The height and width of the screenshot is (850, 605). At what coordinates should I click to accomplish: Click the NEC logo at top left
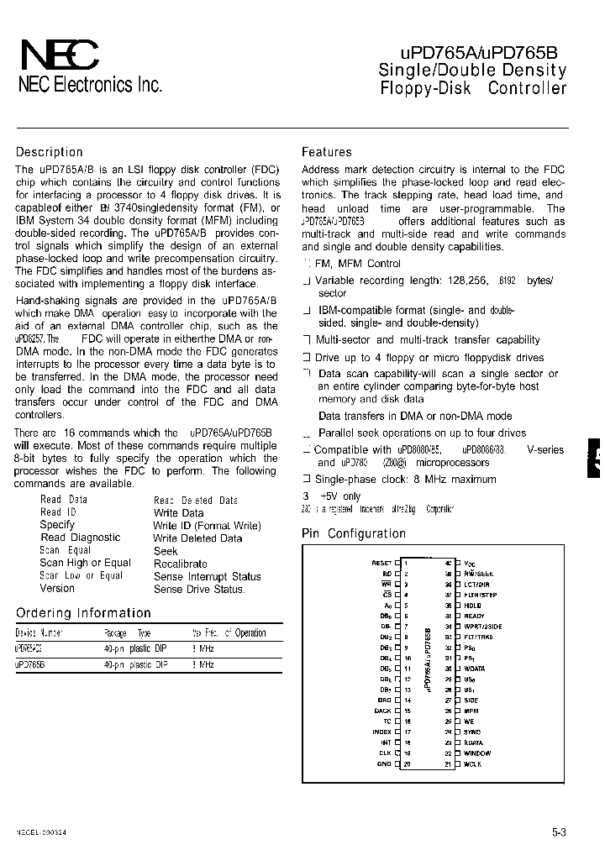click(x=58, y=57)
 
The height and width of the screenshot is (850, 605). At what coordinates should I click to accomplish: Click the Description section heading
click(x=50, y=152)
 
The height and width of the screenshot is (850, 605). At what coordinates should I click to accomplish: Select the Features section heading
click(x=327, y=152)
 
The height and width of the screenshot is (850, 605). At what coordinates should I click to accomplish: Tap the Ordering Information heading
click(x=84, y=613)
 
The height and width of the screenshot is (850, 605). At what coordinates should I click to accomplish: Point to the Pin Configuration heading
click(x=354, y=533)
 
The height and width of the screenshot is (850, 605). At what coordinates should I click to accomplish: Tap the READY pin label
click(x=474, y=616)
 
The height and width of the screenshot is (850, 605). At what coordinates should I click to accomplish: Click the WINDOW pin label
click(x=476, y=753)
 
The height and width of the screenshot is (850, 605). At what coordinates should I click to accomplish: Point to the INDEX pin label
click(x=382, y=732)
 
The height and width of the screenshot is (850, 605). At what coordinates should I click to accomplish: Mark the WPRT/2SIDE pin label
click(x=482, y=627)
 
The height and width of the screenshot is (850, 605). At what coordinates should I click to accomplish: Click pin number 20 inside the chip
click(x=407, y=763)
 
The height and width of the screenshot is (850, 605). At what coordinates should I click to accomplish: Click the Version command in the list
click(x=57, y=589)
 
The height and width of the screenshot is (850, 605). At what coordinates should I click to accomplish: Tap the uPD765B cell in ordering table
click(x=30, y=664)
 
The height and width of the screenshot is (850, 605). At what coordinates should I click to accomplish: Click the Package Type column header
click(x=127, y=633)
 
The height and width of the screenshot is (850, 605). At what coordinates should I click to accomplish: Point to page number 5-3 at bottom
click(x=559, y=832)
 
